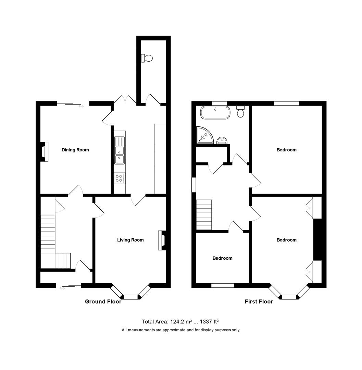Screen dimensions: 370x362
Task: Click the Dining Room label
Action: click(x=75, y=150)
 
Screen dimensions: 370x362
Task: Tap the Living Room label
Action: click(x=130, y=240)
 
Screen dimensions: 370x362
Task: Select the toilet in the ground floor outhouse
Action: click(x=147, y=58)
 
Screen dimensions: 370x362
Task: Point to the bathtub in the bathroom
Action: click(x=215, y=113)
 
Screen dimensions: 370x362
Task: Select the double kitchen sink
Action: click(x=120, y=150)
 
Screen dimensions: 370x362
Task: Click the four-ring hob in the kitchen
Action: click(x=120, y=178)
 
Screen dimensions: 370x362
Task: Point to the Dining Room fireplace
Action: click(x=44, y=151)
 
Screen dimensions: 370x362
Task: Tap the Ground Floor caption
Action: click(x=103, y=302)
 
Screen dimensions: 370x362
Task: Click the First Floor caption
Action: click(x=259, y=302)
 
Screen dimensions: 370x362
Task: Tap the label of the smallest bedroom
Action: click(x=223, y=258)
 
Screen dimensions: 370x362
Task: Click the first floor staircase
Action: click(x=204, y=214)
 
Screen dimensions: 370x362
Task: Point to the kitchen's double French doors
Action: click(x=125, y=100)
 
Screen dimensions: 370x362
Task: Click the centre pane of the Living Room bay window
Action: click(x=130, y=297)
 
